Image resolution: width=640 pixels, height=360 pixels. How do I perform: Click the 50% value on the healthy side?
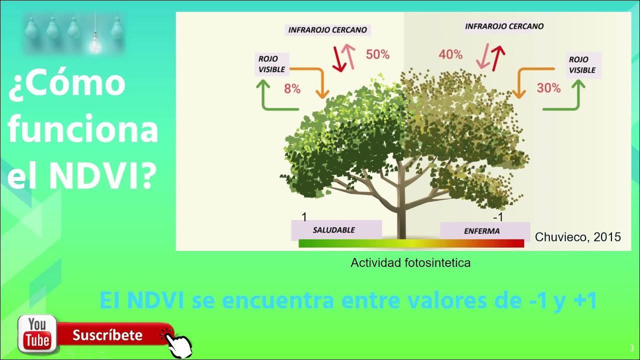coord(377,54)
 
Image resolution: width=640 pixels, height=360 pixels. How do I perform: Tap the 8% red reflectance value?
coord(292,89)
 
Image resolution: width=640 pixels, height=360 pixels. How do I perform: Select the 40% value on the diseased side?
coord(450,54)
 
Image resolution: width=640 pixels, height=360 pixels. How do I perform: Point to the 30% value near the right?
coord(548,88)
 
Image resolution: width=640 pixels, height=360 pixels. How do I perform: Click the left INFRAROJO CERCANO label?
coord(327,30)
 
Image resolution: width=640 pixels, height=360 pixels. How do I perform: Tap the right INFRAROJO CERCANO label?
coord(504,26)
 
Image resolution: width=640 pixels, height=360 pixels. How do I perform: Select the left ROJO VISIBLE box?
coord(271,64)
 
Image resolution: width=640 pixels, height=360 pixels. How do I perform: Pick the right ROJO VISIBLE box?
coord(582,65)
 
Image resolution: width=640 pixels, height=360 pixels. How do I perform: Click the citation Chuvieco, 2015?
coord(577,237)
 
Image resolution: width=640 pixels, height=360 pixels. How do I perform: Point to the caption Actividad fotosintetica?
coord(410,262)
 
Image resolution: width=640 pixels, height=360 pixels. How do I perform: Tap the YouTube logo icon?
coord(37,334)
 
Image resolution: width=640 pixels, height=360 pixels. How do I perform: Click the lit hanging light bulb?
coord(95,44)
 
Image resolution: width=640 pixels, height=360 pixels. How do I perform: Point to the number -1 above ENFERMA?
coord(497,217)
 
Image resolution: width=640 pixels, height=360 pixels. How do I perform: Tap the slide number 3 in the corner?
coord(632,348)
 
